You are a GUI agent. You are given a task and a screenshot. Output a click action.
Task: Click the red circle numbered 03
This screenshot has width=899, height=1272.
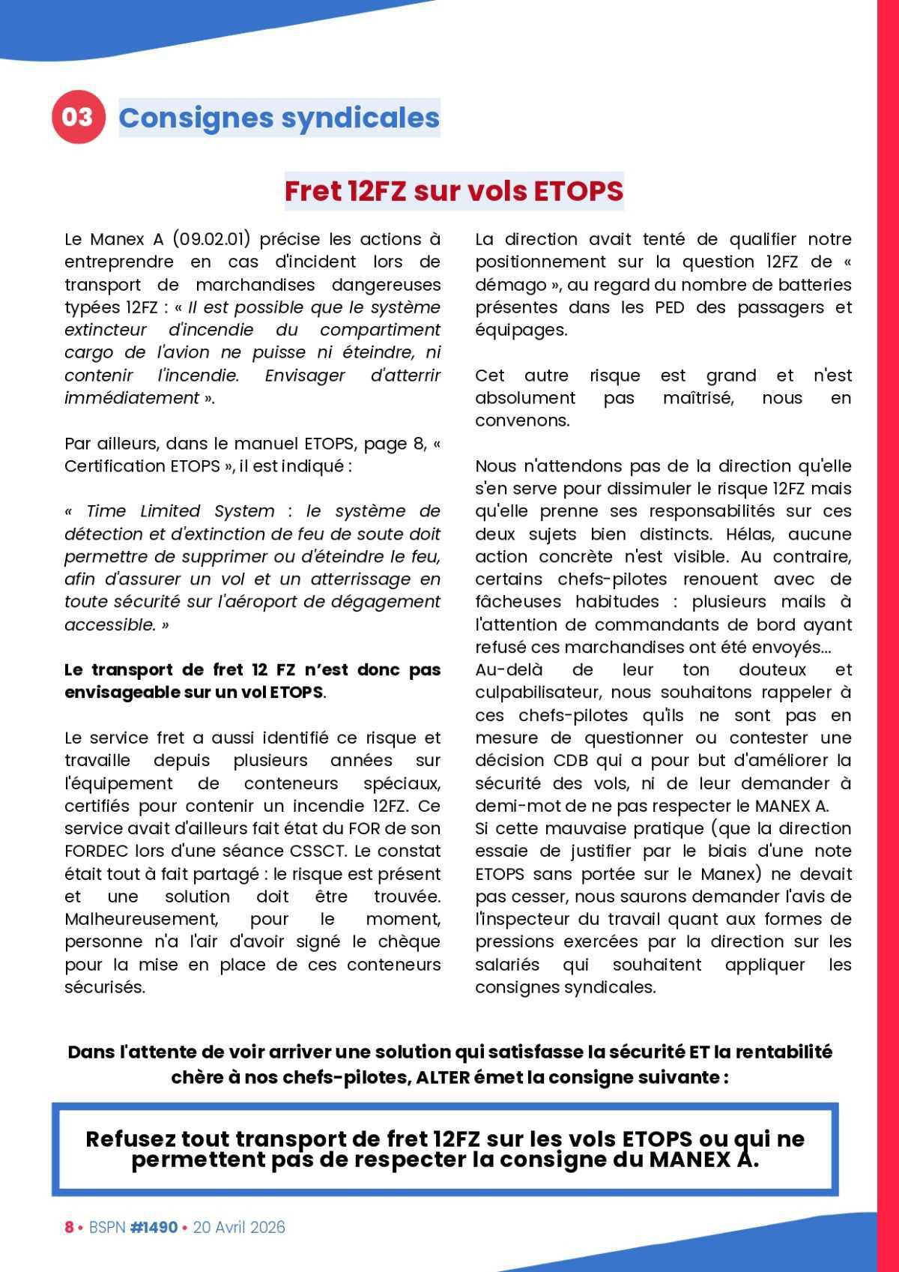[76, 118]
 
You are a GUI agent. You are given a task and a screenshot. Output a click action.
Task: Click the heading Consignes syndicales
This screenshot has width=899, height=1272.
[279, 118]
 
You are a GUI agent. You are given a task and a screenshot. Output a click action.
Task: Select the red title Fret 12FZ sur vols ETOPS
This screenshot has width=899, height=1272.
[453, 191]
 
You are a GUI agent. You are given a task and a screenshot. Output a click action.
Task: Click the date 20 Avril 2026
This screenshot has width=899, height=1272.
[239, 1227]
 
